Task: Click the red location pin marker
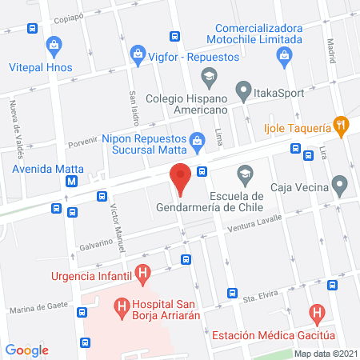pos(181,178)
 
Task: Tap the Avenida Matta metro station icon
pos(73,181)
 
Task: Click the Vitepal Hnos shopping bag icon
pos(54,45)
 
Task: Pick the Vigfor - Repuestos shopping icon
pos(138,54)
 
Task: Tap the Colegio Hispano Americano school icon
pos(209,77)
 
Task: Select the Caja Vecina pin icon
pos(341,188)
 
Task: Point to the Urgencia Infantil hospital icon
pos(142,277)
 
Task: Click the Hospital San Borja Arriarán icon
pos(122,305)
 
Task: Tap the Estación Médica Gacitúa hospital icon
pos(318,312)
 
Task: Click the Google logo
pos(27,349)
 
